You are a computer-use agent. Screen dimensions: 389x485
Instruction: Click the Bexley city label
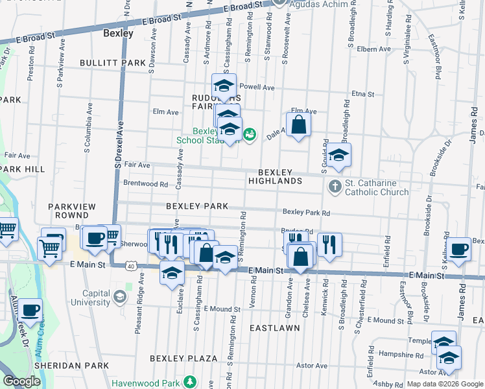(x=119, y=33)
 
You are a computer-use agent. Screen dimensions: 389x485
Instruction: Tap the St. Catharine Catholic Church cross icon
(x=335, y=187)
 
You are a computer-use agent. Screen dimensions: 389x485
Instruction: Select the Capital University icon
(x=119, y=297)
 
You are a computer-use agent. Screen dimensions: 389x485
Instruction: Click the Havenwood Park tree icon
(x=189, y=383)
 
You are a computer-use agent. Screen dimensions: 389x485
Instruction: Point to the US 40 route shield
(x=132, y=266)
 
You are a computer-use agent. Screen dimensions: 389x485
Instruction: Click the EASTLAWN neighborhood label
(x=275, y=328)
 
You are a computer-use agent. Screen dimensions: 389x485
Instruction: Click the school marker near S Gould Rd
(x=338, y=156)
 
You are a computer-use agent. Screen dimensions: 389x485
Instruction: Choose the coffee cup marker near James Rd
(x=459, y=249)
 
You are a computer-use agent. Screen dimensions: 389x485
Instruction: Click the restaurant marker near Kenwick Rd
(x=329, y=244)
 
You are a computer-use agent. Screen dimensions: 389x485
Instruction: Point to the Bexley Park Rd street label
(x=306, y=213)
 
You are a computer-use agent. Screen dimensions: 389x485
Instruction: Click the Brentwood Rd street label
(x=145, y=183)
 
